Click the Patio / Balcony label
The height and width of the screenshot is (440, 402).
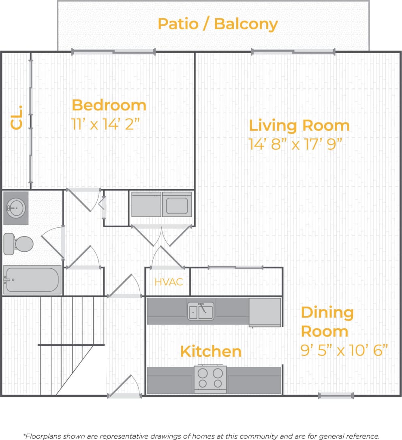(218, 24)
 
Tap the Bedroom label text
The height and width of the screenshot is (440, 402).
(109, 105)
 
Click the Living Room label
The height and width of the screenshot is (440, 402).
(299, 125)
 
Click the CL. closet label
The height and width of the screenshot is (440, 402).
(17, 118)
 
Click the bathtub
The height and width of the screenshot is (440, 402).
(32, 280)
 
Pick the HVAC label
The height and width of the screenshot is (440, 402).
(169, 282)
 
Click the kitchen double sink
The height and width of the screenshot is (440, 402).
(201, 311)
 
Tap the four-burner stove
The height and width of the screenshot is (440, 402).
(210, 378)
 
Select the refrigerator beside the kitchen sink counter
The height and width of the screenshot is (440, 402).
(265, 312)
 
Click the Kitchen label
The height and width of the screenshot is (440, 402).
(211, 352)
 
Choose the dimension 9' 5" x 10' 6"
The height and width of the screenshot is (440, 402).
(344, 350)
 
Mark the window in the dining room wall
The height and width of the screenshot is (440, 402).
(336, 395)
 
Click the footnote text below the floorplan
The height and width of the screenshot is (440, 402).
(201, 436)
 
